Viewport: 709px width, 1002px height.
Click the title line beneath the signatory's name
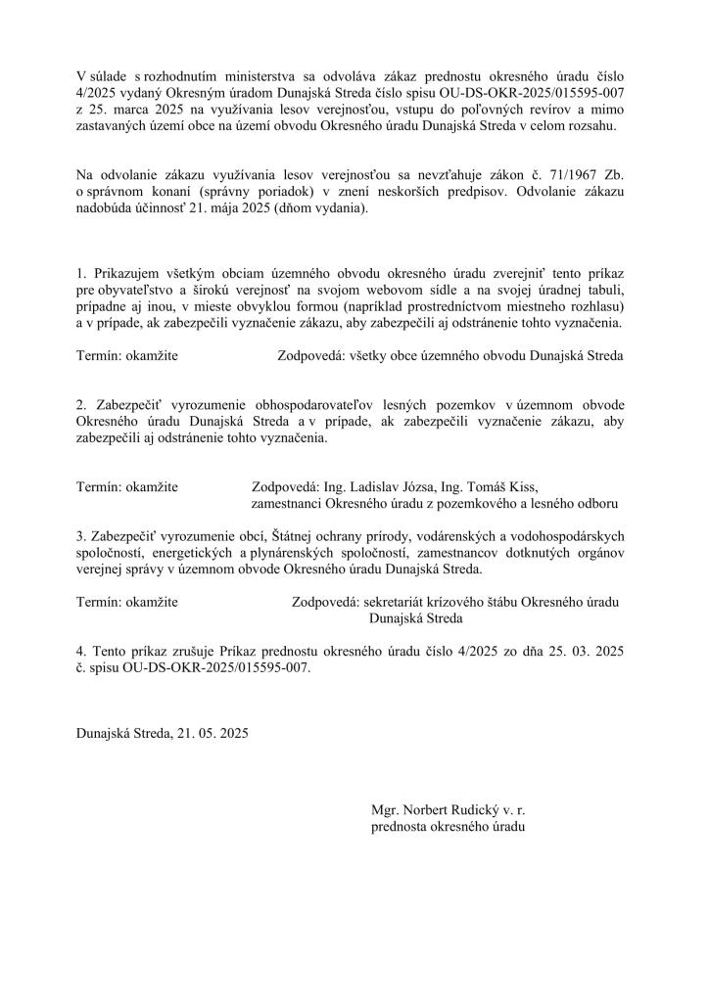tap(449, 827)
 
